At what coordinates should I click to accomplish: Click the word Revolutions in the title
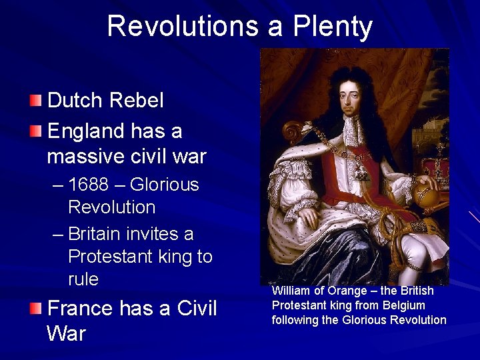pos(182,27)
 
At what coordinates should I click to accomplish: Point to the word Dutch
pos(74,101)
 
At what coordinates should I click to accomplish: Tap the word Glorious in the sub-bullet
pos(165,185)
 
